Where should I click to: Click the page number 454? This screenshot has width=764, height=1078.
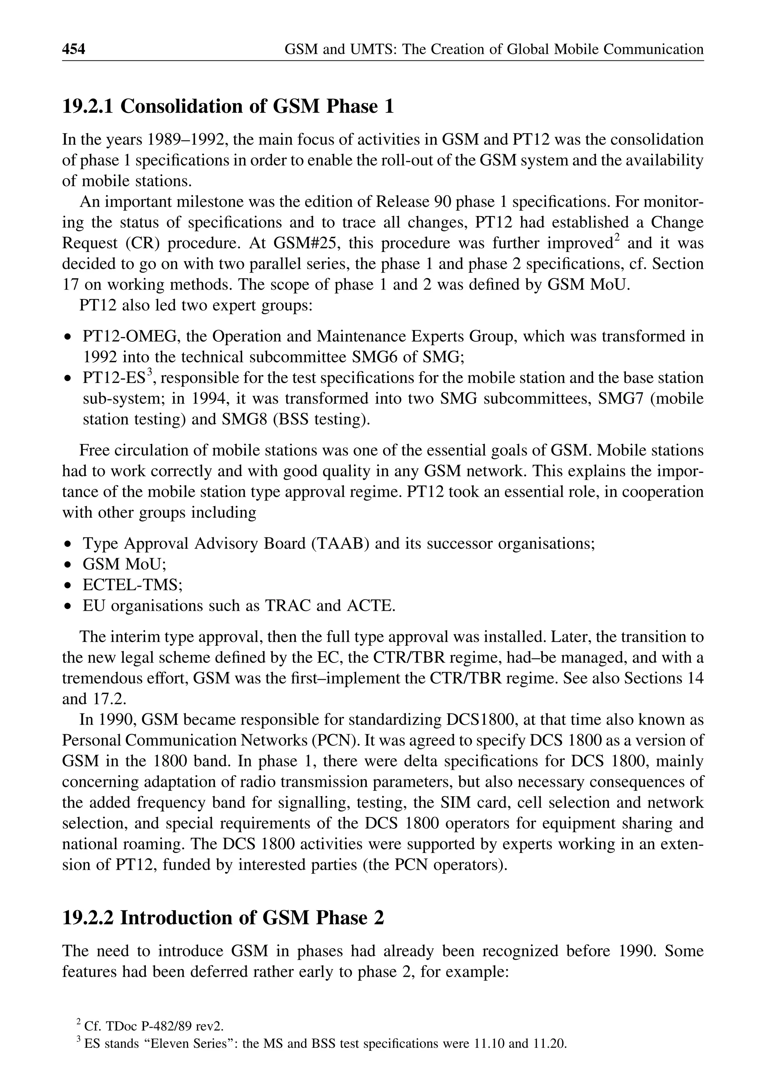[x=74, y=49]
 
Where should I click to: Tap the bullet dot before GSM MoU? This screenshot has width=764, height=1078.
[x=69, y=565]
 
